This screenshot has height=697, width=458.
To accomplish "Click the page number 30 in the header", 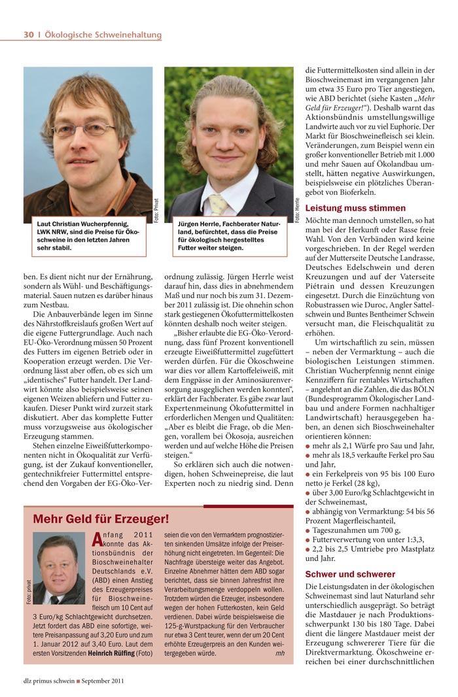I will [28, 35].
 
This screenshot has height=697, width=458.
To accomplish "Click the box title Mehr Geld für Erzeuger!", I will [101, 520].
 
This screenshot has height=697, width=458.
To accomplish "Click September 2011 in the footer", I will [101, 680].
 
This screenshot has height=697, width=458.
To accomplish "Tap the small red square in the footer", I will [78, 680].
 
